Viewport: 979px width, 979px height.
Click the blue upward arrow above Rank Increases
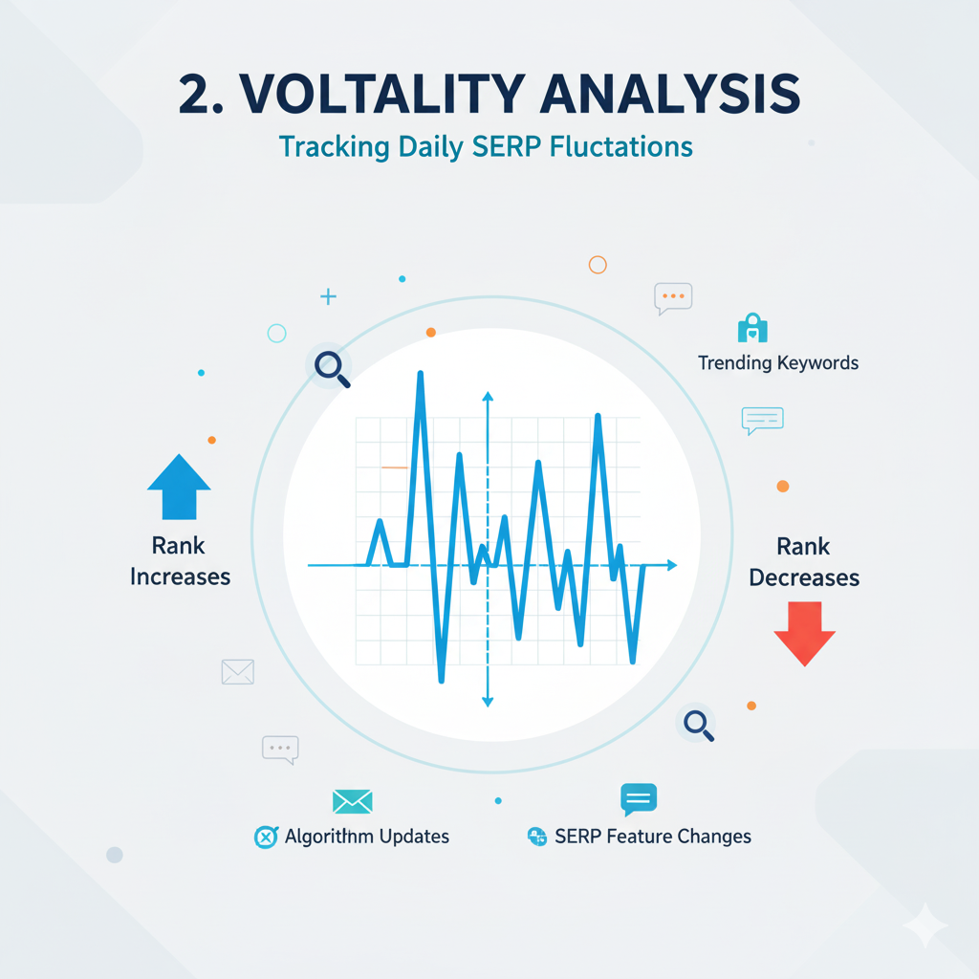[x=179, y=487]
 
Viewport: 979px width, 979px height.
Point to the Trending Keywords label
[x=777, y=363]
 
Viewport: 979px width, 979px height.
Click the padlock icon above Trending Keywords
[x=752, y=328]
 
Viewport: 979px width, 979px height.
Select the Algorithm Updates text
[x=366, y=837]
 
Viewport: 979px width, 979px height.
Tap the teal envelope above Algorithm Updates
[x=352, y=801]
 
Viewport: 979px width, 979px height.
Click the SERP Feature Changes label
[x=652, y=837]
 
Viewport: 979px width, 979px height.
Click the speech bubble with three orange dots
[x=673, y=298]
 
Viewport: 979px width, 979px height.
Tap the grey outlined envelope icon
[x=237, y=672]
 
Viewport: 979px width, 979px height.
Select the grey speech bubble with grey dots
[x=280, y=749]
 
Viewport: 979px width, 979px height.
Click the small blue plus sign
[x=328, y=297]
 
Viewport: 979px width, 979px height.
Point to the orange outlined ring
[x=598, y=265]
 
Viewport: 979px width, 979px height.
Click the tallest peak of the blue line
[x=420, y=374]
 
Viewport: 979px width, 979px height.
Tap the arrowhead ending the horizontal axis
[x=671, y=566]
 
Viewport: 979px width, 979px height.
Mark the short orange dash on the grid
[x=394, y=468]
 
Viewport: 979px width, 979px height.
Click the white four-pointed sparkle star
[x=925, y=924]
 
